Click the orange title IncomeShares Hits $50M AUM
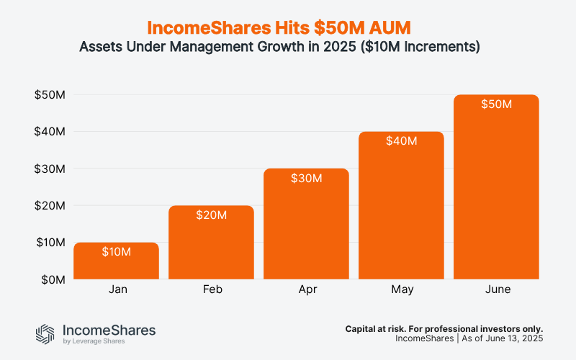pyautogui.click(x=288, y=27)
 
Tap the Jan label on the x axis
pyautogui.click(x=117, y=289)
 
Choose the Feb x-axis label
pyautogui.click(x=212, y=289)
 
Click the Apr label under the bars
pyautogui.click(x=307, y=289)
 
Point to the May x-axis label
pyautogui.click(x=401, y=289)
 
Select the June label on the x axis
pyautogui.click(x=496, y=289)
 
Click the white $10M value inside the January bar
pyautogui.click(x=117, y=252)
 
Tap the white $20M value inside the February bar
pyautogui.click(x=212, y=215)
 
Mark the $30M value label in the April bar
pyautogui.click(x=307, y=178)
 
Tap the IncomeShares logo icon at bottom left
pyautogui.click(x=45, y=333)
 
